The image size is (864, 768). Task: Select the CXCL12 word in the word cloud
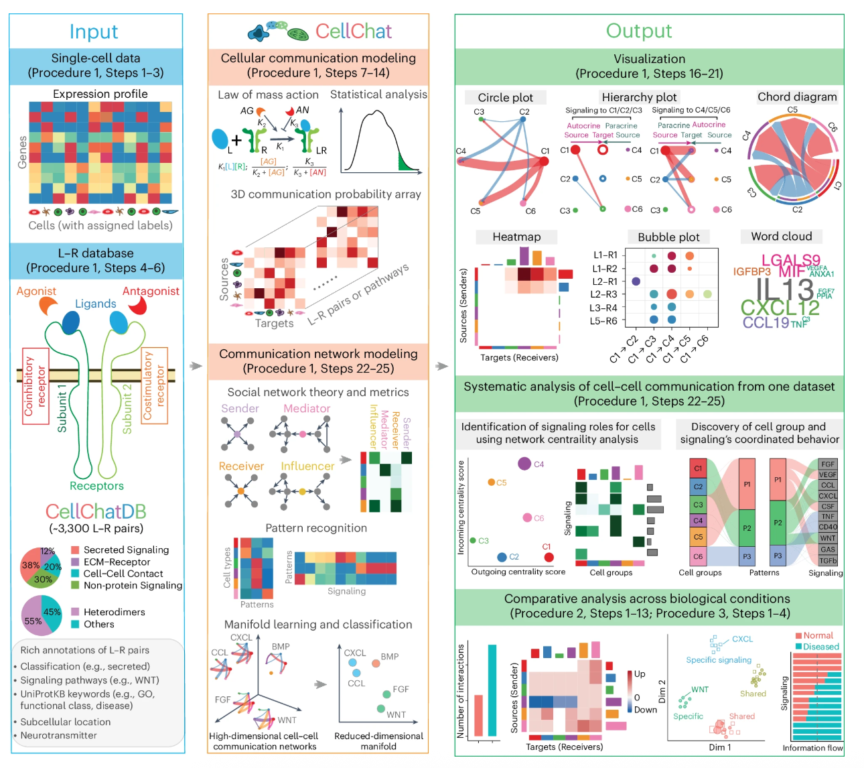click(x=780, y=308)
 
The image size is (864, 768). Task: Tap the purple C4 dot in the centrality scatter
click(x=524, y=463)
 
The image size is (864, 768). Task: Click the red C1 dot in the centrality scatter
click(x=549, y=557)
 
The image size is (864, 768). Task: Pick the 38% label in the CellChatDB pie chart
click(x=30, y=565)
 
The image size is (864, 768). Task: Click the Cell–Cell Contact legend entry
click(x=123, y=574)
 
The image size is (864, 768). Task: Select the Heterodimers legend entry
click(x=114, y=612)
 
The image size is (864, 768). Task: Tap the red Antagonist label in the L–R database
click(x=151, y=291)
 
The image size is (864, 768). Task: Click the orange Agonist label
click(x=36, y=291)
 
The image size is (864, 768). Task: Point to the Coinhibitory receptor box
click(x=35, y=385)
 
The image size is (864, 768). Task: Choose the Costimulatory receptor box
click(x=154, y=385)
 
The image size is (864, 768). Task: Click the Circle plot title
click(x=505, y=97)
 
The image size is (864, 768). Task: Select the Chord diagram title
click(x=797, y=97)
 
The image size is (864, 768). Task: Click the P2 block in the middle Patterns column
click(x=747, y=528)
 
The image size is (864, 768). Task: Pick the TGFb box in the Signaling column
click(x=828, y=561)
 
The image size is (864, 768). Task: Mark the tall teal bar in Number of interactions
click(x=492, y=690)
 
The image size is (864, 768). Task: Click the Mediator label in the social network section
click(x=307, y=408)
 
